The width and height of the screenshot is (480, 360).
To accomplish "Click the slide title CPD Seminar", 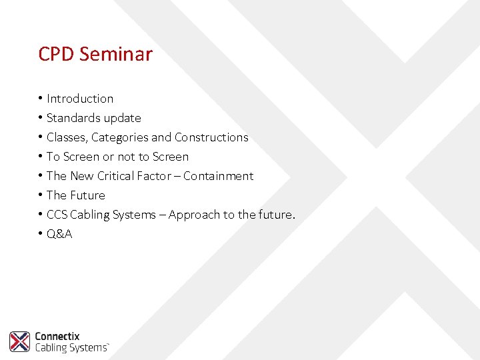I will (x=95, y=54).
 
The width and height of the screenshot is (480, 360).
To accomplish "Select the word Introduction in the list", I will (x=80, y=99).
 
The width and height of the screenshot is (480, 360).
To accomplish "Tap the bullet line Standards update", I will (x=93, y=118).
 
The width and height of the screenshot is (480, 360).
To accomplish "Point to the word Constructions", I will (x=211, y=137).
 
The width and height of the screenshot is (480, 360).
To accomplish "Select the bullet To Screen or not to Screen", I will (x=117, y=157).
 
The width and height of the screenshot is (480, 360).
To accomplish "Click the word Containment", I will (x=218, y=176).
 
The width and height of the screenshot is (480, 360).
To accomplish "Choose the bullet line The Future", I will (x=75, y=195).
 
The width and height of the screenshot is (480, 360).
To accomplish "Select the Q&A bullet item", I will (x=59, y=234).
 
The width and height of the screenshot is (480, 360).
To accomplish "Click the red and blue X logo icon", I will (x=19, y=341).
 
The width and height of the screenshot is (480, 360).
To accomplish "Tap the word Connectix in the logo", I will (x=57, y=337).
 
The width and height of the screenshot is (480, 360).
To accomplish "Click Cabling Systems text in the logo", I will (x=71, y=347).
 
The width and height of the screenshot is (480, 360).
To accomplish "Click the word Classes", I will (x=67, y=137).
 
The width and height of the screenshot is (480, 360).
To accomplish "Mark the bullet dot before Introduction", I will (x=41, y=99).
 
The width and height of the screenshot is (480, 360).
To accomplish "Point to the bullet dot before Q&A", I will (x=41, y=234).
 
